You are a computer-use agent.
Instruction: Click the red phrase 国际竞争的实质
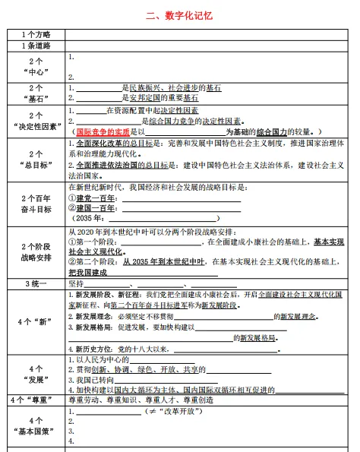[x=103, y=131]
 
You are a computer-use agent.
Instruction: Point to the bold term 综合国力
[x=273, y=131]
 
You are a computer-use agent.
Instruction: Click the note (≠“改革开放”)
[x=174, y=411]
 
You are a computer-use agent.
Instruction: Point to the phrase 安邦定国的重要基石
[x=161, y=98]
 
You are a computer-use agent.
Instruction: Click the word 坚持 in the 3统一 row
[x=77, y=283]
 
